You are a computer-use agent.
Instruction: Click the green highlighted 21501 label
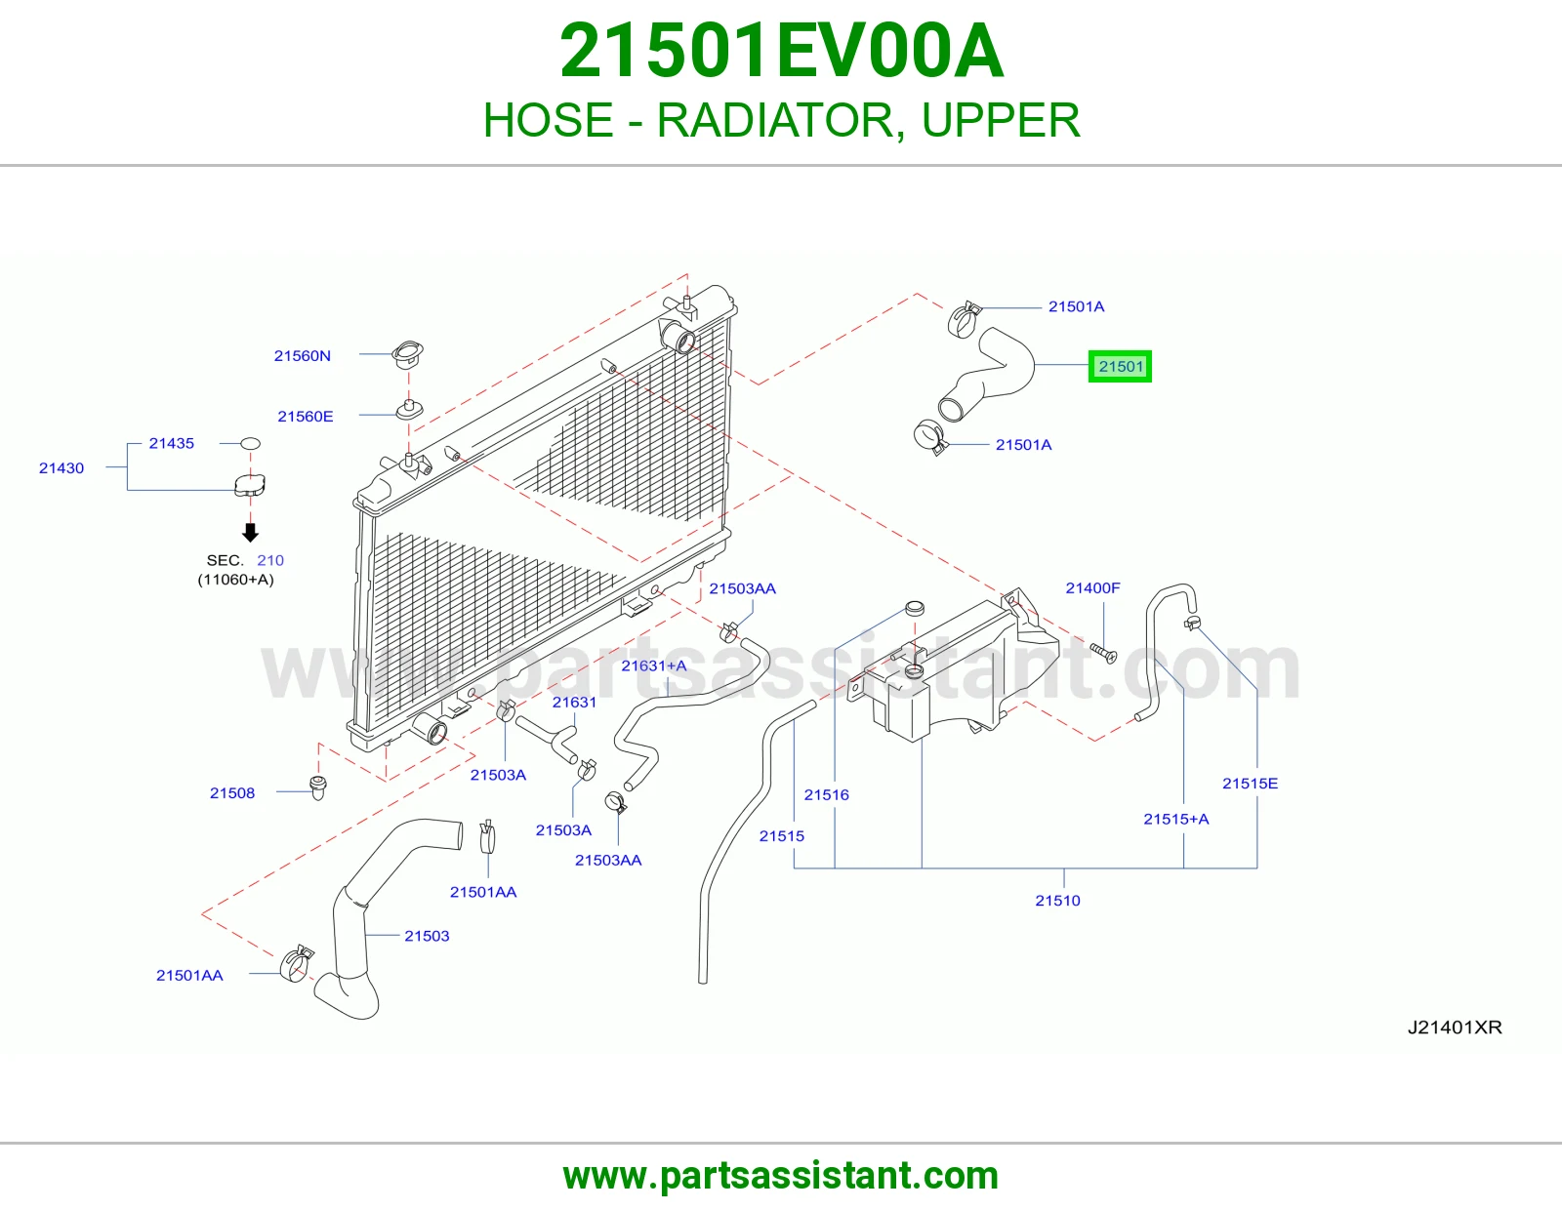coord(1119,367)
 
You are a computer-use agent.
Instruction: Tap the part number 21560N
coord(302,355)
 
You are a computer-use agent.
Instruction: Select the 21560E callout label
coord(306,416)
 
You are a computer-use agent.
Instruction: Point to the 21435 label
coord(171,443)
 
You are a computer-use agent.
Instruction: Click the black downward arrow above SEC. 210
coord(250,532)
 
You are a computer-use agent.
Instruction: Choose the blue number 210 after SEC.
coord(270,560)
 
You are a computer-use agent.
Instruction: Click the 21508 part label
coord(232,793)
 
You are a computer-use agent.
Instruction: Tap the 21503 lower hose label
coord(427,936)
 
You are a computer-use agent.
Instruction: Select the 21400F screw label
coord(1092,587)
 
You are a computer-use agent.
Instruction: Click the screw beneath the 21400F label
coord(1104,653)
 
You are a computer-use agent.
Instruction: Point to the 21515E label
coord(1250,784)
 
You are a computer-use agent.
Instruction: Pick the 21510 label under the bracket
coord(1057,901)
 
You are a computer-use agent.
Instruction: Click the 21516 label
coord(826,794)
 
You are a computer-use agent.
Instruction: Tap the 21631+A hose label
coord(653,666)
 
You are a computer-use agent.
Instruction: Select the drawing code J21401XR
coord(1455,1028)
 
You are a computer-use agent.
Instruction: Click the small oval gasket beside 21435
coord(249,443)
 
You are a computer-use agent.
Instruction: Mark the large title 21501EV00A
coord(781,51)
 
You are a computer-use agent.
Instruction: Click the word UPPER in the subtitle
coord(1001,120)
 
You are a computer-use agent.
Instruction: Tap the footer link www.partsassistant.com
coord(781,1176)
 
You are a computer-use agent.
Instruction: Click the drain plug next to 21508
coord(317,787)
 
